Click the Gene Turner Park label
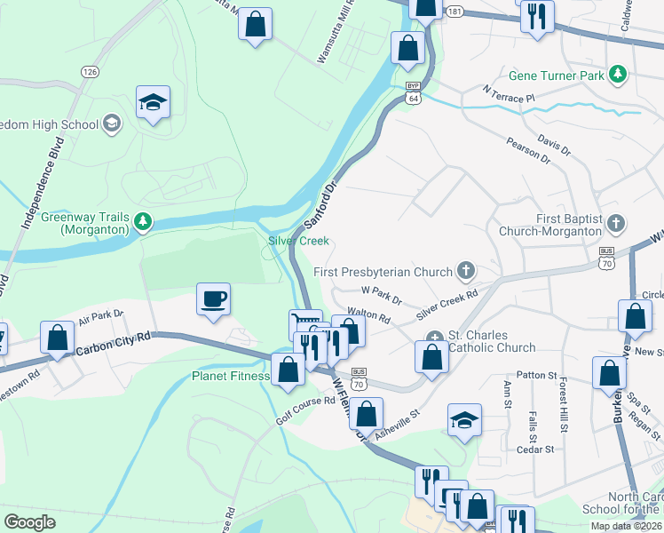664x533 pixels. pyautogui.click(x=557, y=76)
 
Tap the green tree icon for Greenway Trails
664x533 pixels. pyautogui.click(x=142, y=220)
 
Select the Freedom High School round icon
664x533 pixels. pyautogui.click(x=112, y=124)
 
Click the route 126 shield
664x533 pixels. pyautogui.click(x=89, y=71)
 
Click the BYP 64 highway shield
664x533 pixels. pyautogui.click(x=413, y=94)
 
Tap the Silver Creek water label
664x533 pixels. pyautogui.click(x=298, y=241)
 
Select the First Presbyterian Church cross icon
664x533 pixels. pyautogui.click(x=465, y=271)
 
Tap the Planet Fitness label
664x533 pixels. pyautogui.click(x=230, y=376)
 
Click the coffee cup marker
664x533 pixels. pyautogui.click(x=213, y=299)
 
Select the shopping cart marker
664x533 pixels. pyautogui.click(x=305, y=323)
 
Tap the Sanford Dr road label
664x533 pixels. pyautogui.click(x=321, y=205)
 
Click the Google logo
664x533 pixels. pyautogui.click(x=30, y=522)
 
